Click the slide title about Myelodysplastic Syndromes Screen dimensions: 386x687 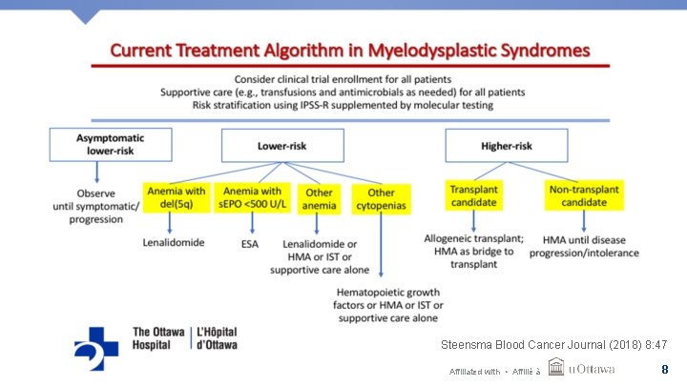[x=349, y=49]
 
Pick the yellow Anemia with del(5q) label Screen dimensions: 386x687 [x=175, y=197]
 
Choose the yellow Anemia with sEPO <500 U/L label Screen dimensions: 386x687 [x=251, y=197]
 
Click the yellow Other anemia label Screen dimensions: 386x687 [x=320, y=199]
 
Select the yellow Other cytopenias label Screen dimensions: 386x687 [x=382, y=199]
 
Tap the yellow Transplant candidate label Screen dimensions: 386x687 [x=474, y=195]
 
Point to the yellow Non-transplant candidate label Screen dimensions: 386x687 [x=584, y=195]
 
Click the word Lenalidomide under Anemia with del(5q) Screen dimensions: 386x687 [x=174, y=243]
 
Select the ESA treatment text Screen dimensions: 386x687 [x=249, y=244]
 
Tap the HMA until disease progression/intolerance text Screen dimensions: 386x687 [x=591, y=245]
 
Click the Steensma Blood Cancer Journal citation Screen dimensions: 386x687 [x=553, y=343]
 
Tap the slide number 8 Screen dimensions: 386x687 [x=664, y=369]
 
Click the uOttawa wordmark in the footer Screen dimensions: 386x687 [x=592, y=369]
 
